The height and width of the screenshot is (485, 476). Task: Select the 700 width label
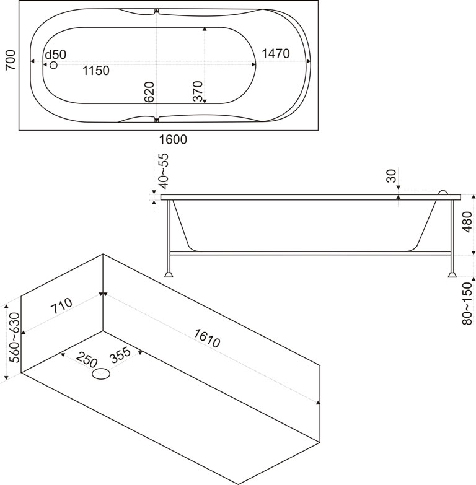tap(11, 61)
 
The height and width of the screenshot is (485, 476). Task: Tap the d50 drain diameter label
tap(55, 55)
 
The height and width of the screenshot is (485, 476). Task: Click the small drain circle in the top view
tap(53, 64)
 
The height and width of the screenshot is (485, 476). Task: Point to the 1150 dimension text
tap(96, 71)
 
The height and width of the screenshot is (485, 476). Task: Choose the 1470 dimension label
tap(275, 54)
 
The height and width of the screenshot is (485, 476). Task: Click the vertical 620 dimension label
tap(149, 92)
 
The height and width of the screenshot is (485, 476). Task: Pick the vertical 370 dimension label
tap(198, 92)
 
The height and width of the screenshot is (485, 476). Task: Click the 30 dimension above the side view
tap(390, 176)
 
